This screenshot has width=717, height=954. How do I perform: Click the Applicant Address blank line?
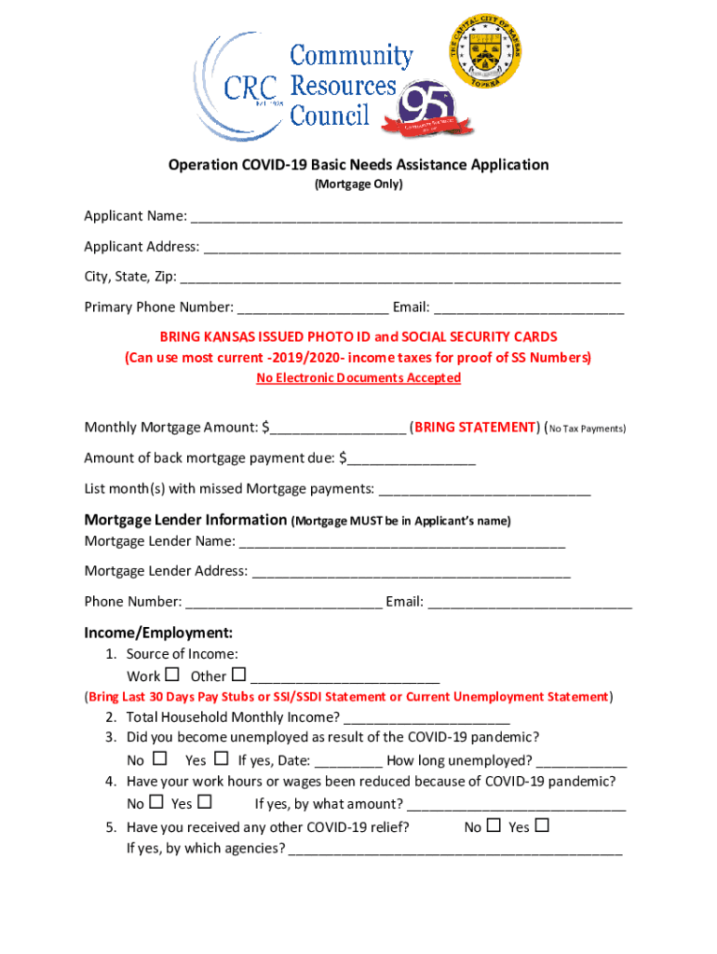412,249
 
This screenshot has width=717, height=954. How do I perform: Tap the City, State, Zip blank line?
399,279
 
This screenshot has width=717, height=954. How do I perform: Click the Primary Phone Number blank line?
313,308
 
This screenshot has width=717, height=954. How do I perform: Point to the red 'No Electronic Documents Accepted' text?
358,378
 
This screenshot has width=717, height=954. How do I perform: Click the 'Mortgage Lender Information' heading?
185,520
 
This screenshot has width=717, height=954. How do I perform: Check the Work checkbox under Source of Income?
171,675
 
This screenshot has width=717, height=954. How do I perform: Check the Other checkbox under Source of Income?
238,675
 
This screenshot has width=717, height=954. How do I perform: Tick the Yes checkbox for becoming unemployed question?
222,759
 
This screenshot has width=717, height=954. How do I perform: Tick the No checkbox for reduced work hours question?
156,802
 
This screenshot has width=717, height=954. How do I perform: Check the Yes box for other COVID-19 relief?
542,825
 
